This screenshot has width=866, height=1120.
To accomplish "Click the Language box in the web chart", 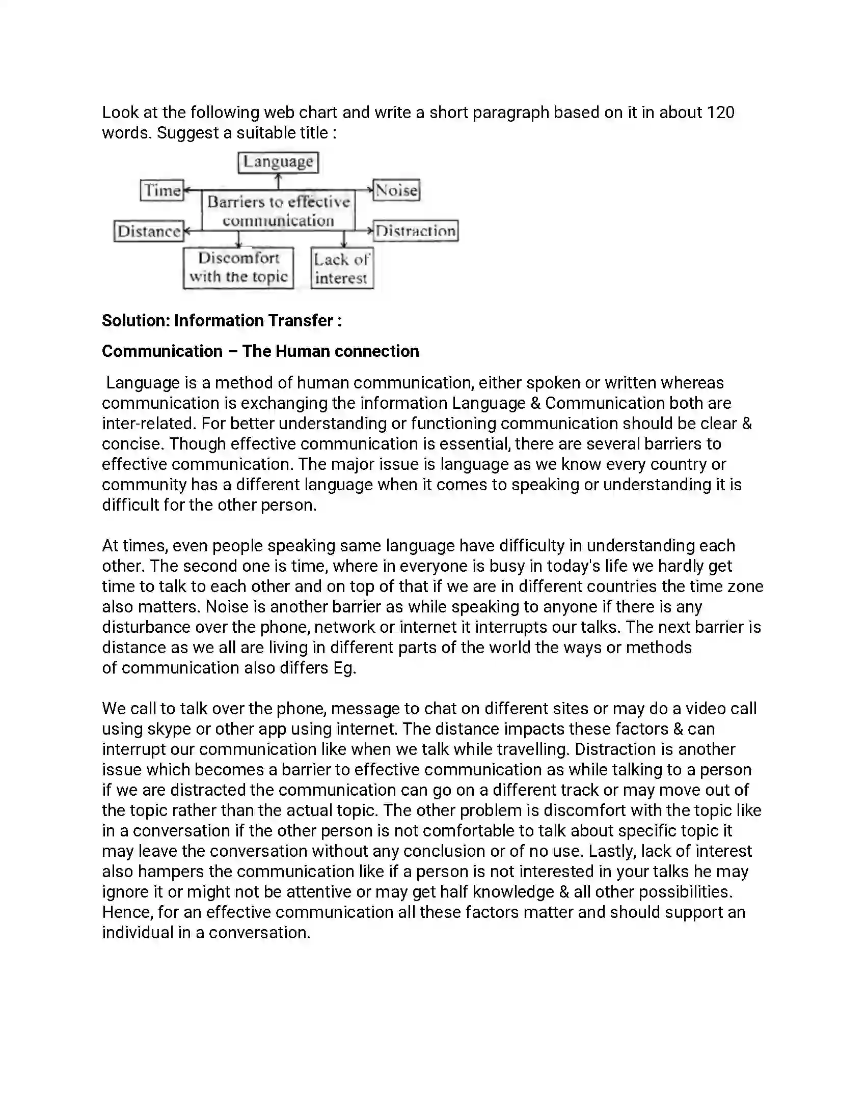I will click(278, 162).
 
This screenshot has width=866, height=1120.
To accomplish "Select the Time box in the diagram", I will click(162, 190).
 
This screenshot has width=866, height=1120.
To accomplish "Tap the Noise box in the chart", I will click(396, 190).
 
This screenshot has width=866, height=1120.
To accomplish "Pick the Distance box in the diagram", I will click(149, 231).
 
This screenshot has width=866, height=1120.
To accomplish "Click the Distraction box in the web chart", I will click(416, 231).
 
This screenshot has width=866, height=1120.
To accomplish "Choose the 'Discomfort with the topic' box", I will click(238, 268).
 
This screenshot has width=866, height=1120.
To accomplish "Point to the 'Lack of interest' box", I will click(342, 269).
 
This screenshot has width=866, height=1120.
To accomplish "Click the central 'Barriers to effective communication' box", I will click(278, 211).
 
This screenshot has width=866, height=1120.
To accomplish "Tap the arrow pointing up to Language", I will click(278, 181).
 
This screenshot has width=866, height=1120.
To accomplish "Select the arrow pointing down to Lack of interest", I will click(344, 239).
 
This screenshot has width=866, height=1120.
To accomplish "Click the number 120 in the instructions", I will click(720, 113).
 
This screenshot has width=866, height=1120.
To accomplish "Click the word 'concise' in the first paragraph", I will click(132, 443).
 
